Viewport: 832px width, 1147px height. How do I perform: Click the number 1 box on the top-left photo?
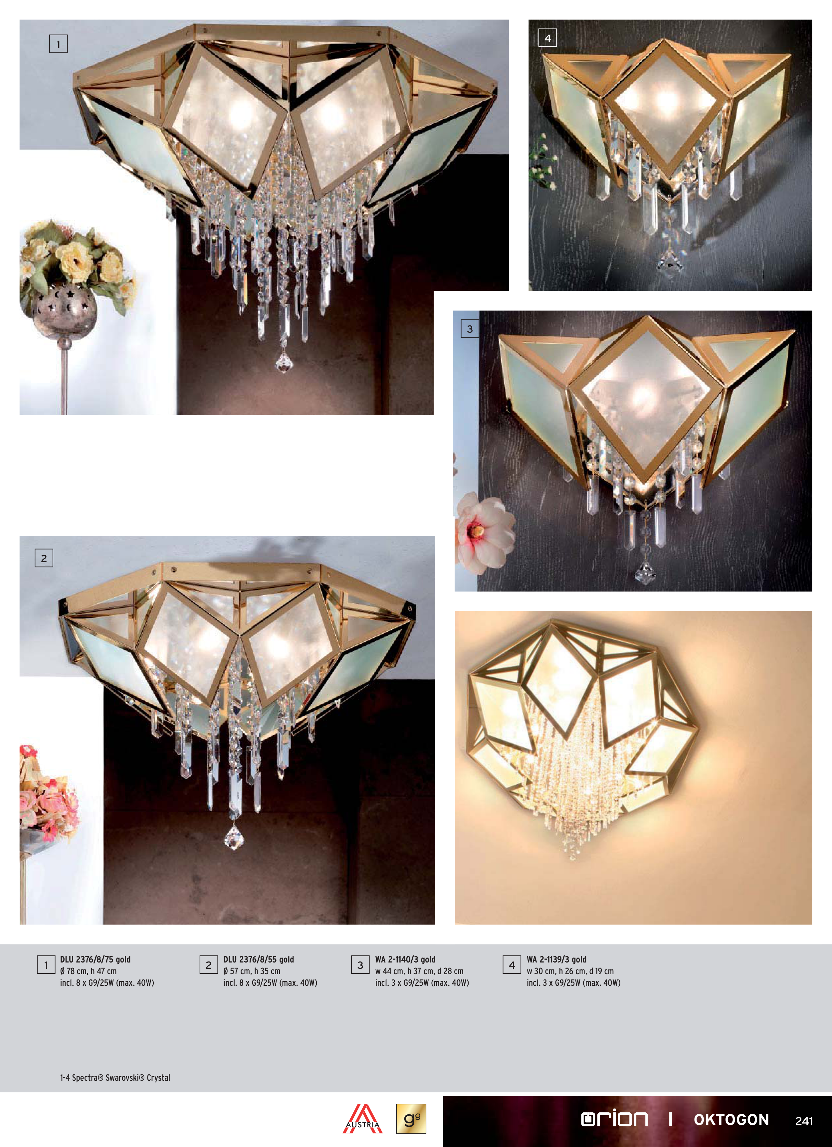click(58, 44)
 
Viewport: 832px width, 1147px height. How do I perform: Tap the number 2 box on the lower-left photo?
click(44, 558)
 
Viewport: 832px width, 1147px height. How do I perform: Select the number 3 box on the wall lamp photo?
click(470, 329)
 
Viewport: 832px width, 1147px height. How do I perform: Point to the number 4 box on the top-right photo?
click(547, 38)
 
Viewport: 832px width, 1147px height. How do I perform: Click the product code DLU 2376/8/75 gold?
click(95, 959)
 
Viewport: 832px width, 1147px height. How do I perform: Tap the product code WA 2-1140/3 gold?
click(405, 959)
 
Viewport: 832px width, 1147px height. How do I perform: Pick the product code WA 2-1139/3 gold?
click(556, 959)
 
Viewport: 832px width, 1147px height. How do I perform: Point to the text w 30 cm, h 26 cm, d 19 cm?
click(570, 971)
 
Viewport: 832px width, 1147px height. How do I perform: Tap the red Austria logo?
click(362, 1119)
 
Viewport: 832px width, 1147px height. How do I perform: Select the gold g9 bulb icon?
click(411, 1119)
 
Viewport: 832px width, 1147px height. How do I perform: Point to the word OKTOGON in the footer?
click(731, 1120)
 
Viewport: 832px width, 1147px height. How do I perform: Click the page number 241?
click(804, 1121)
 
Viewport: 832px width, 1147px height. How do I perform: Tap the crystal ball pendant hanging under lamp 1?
click(284, 361)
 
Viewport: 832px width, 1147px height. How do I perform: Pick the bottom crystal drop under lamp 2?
click(234, 837)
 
